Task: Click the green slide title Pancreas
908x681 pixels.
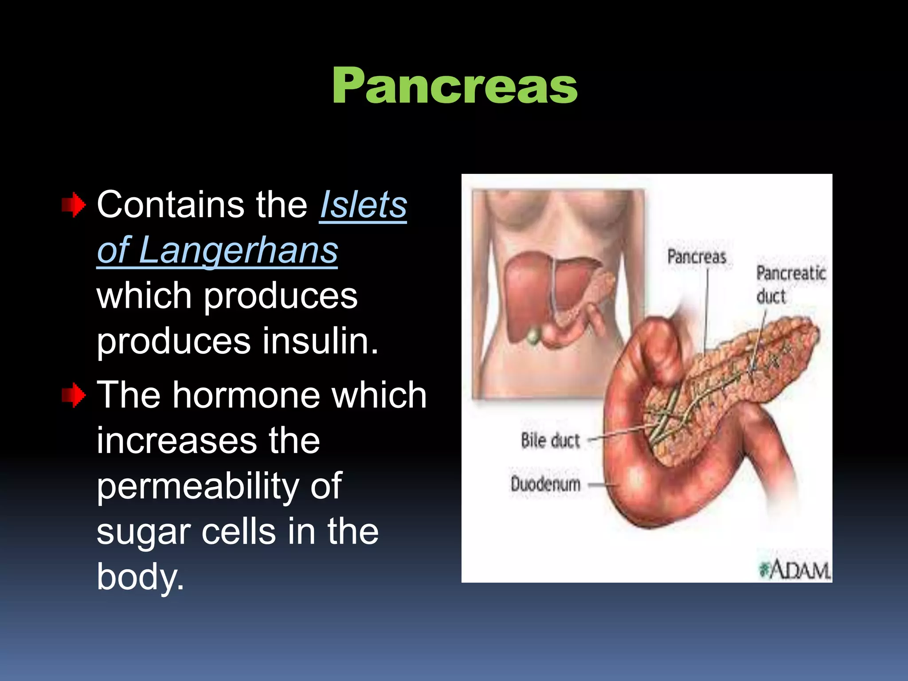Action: (x=454, y=85)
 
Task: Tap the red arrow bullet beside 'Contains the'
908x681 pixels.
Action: (x=73, y=205)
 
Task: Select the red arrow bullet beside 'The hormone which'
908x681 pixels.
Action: (x=73, y=395)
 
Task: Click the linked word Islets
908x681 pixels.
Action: (x=363, y=205)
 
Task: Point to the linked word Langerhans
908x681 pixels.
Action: (x=238, y=250)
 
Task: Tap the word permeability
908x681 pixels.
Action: (x=198, y=486)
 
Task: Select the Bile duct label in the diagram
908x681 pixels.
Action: (x=550, y=441)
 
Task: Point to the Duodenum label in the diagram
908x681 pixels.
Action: (x=545, y=484)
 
